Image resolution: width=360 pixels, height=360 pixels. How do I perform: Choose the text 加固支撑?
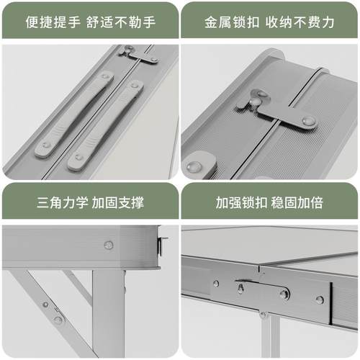tap(118, 201)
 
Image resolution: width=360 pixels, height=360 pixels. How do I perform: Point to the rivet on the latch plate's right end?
tap(309, 121)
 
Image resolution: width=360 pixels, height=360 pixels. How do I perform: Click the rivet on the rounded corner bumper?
tap(194, 166)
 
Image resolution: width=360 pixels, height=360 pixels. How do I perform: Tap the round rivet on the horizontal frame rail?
tap(109, 245)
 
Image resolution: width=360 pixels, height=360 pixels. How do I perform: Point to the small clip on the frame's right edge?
tap(162, 246)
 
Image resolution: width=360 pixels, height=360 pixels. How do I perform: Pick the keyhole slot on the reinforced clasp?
tap(240, 289)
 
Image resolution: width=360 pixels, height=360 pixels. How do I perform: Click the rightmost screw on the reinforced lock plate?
tap(319, 300)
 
